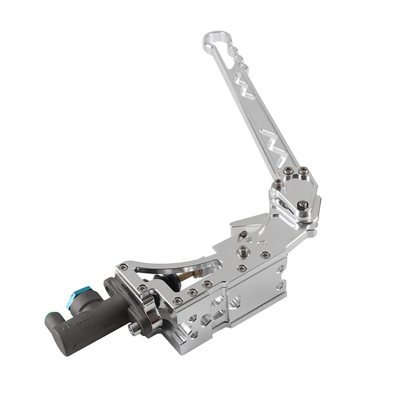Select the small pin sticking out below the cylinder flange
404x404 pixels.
(131, 329)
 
